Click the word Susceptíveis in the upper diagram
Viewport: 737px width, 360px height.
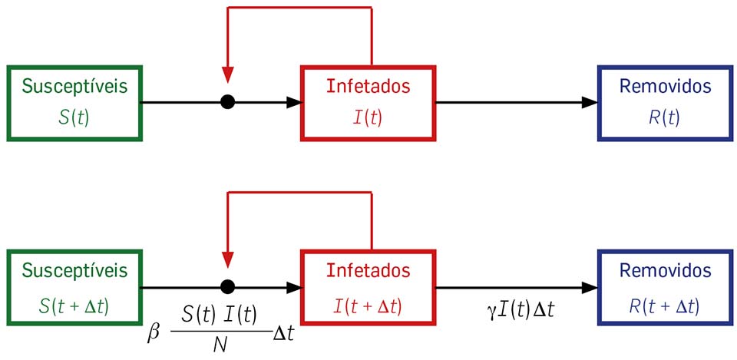click(x=74, y=86)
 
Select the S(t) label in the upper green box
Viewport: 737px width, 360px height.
click(x=74, y=117)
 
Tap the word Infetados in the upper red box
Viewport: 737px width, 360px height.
click(x=368, y=86)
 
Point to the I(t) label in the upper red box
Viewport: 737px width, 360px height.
click(x=368, y=117)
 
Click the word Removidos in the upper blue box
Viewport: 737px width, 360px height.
click(x=665, y=86)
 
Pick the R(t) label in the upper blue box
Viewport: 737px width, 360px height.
click(x=665, y=117)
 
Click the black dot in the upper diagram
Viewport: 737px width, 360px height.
click(x=227, y=102)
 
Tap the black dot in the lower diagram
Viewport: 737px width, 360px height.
click(x=227, y=287)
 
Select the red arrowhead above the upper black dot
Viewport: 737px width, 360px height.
click(x=227, y=75)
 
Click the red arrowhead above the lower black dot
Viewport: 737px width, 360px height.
click(x=227, y=260)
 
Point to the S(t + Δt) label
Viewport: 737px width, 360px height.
click(x=74, y=306)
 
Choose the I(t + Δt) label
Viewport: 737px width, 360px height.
click(x=368, y=306)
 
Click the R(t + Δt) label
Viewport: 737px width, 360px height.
click(x=665, y=306)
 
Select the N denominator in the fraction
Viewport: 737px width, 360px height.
click(x=220, y=345)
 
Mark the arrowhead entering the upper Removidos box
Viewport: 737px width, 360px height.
click(x=590, y=102)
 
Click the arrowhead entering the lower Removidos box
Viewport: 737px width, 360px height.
click(x=590, y=287)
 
